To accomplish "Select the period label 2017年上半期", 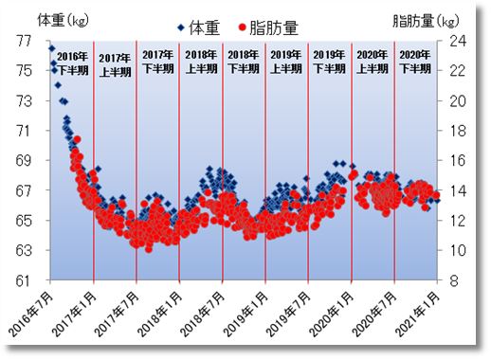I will click(x=116, y=63).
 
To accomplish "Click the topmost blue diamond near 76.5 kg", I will click(x=51, y=48).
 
